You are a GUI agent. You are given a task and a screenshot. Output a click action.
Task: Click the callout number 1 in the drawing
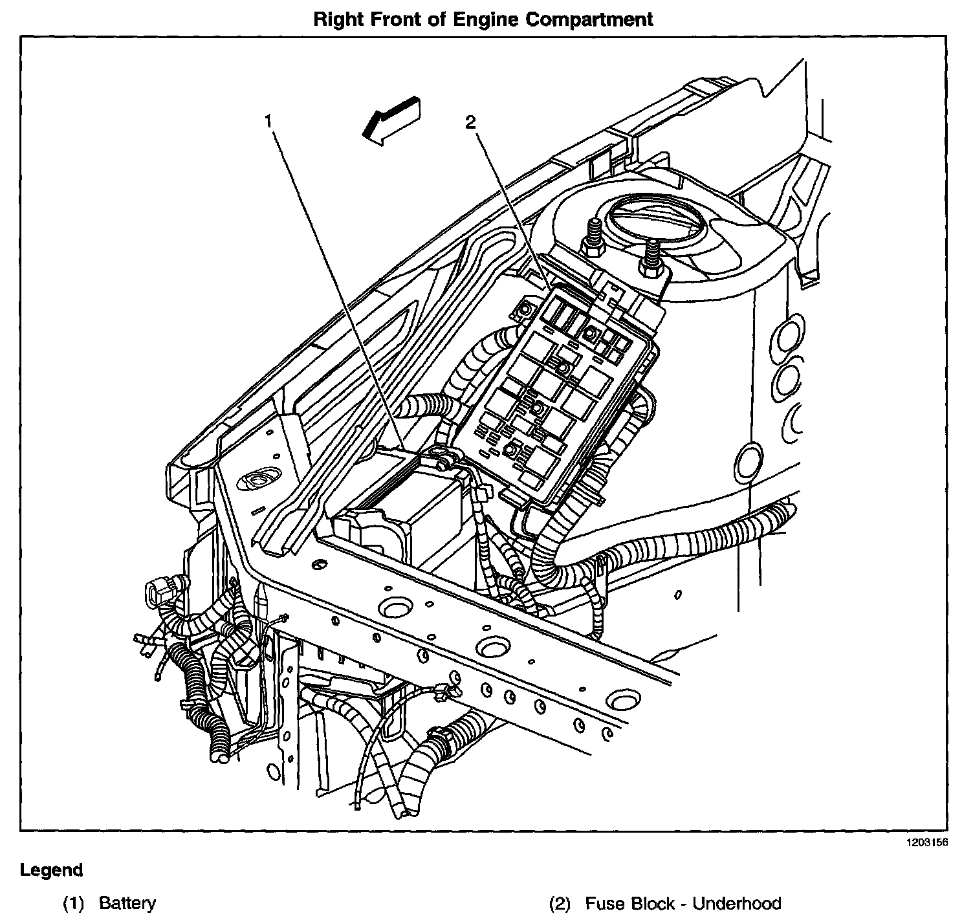[268, 120]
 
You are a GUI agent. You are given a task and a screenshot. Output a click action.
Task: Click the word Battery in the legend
[127, 903]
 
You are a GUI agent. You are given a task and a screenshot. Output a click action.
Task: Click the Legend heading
[52, 870]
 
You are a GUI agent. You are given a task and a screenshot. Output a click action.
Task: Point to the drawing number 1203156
[922, 842]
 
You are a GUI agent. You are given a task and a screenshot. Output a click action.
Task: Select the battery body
[414, 511]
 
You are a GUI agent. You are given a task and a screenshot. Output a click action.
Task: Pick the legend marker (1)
[74, 903]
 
